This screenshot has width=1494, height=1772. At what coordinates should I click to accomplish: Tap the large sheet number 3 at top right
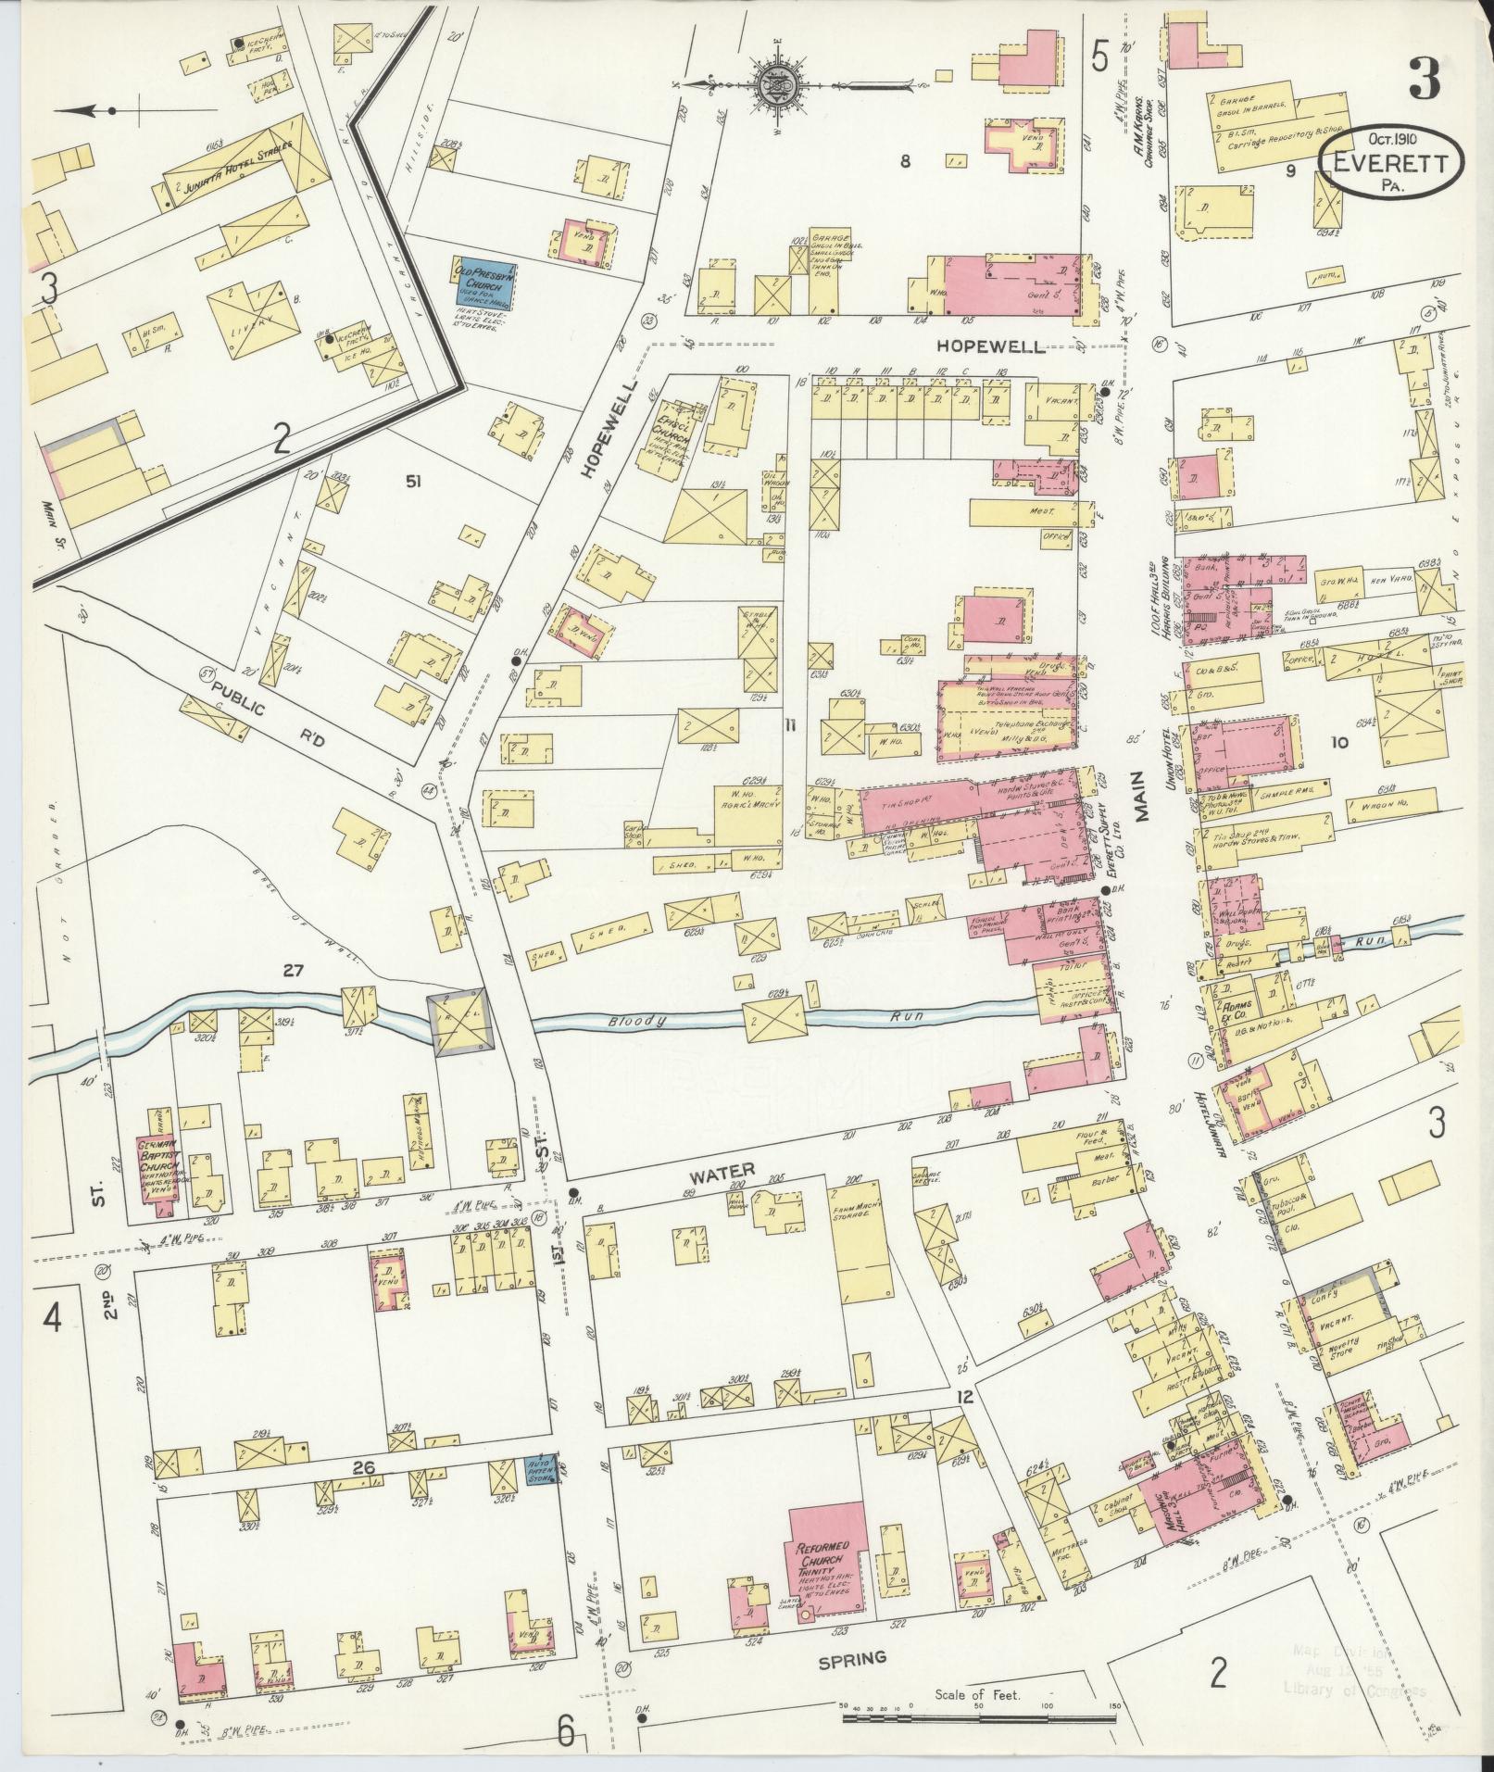[1424, 81]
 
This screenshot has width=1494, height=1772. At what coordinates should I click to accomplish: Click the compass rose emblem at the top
[771, 85]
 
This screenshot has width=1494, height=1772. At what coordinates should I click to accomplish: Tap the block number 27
[294, 971]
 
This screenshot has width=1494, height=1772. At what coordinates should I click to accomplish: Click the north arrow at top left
[88, 111]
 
